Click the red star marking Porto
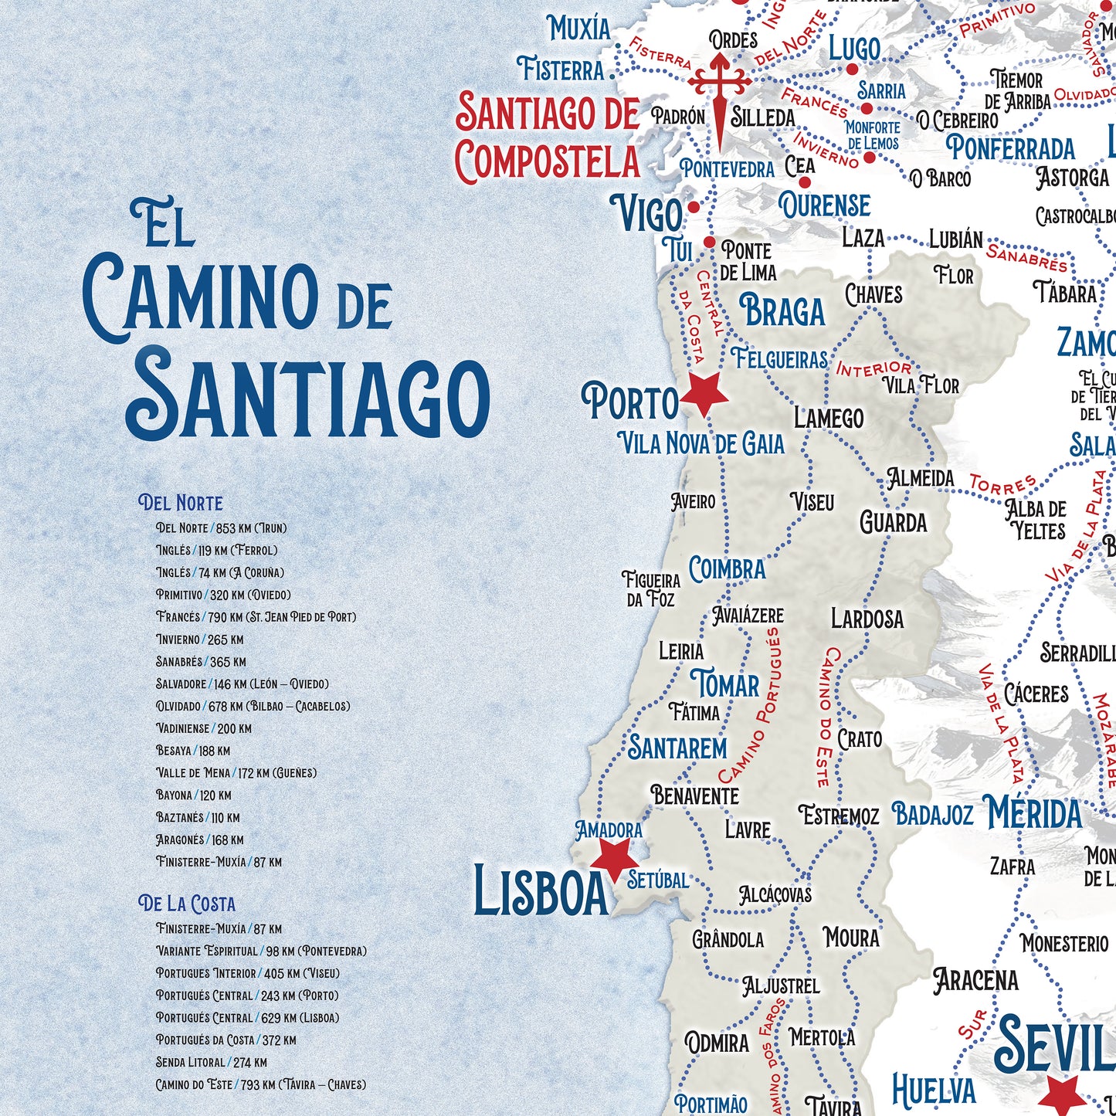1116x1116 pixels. click(704, 393)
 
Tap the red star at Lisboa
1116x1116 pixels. click(614, 857)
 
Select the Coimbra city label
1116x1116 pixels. click(727, 569)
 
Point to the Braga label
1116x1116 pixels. click(782, 311)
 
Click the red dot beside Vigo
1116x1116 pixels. click(694, 207)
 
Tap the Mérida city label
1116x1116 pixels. click(1035, 814)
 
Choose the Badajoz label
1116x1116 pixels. click(932, 814)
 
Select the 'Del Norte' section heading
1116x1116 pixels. click(181, 503)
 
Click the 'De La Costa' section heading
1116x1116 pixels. click(187, 904)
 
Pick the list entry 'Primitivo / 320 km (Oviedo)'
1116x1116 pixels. click(223, 595)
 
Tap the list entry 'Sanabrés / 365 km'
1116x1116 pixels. click(201, 662)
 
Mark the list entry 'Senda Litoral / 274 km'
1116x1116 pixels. click(211, 1062)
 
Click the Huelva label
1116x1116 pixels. click(934, 1091)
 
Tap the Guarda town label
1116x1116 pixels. click(894, 523)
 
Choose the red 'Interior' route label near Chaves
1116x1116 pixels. click(874, 369)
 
